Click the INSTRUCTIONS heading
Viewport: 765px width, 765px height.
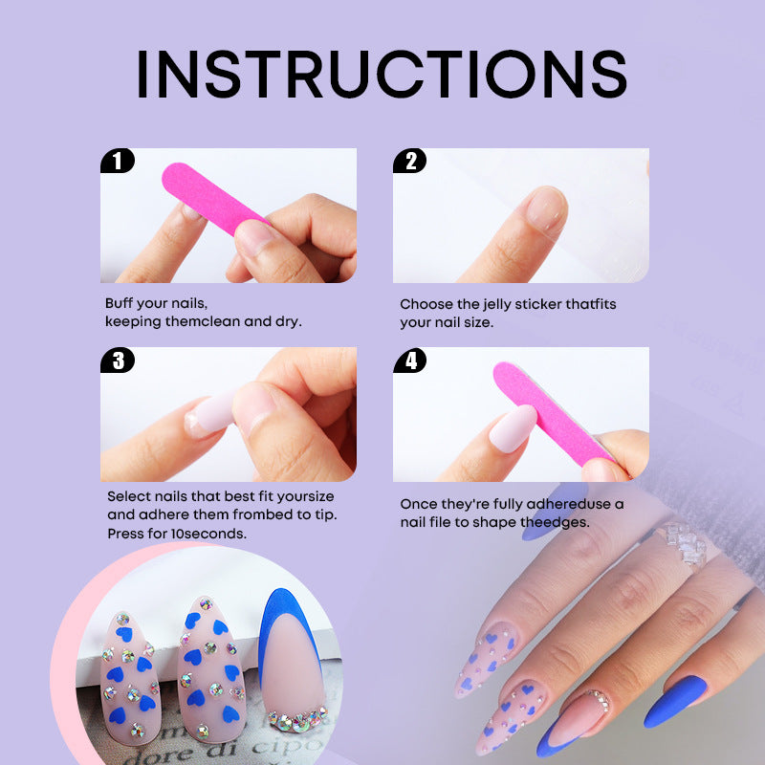pyautogui.click(x=382, y=75)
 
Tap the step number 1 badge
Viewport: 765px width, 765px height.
pyautogui.click(x=117, y=161)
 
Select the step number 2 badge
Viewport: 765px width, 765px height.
pyautogui.click(x=410, y=161)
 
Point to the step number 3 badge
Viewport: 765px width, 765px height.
pyautogui.click(x=117, y=361)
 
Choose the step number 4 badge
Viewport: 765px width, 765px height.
pyautogui.click(x=410, y=361)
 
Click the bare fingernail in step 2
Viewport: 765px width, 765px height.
pyautogui.click(x=546, y=208)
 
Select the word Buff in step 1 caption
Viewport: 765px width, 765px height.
pyautogui.click(x=119, y=303)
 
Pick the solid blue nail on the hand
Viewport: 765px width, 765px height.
pyautogui.click(x=676, y=702)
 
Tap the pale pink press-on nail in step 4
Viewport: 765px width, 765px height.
pyautogui.click(x=513, y=428)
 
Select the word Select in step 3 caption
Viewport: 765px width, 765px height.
pyautogui.click(x=128, y=496)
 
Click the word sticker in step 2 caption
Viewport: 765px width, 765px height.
pyautogui.click(x=538, y=304)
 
